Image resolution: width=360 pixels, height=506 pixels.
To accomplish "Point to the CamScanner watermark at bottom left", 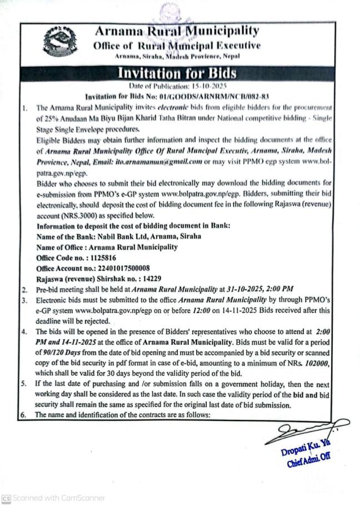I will [53, 498].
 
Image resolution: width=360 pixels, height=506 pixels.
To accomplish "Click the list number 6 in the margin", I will [24, 415].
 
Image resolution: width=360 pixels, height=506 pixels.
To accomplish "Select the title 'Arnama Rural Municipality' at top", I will [177, 31].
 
